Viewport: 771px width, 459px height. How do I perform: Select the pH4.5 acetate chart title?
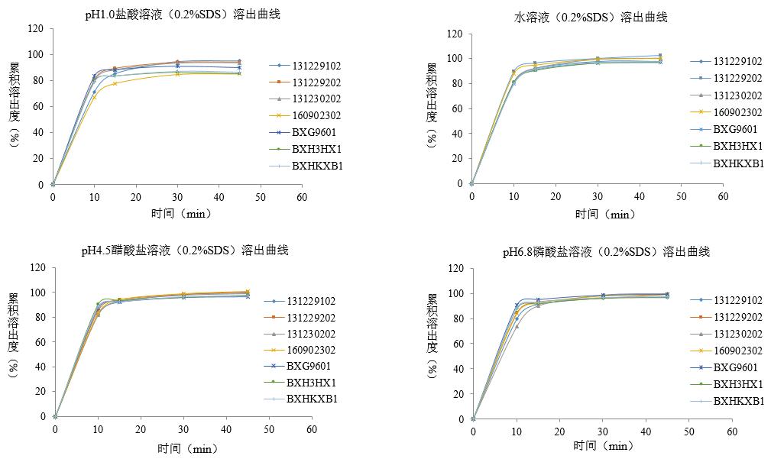185,251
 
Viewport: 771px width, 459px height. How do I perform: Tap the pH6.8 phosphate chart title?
606,252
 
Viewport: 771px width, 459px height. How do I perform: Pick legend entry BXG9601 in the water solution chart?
737,129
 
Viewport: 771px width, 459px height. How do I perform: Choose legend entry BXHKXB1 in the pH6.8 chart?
739,401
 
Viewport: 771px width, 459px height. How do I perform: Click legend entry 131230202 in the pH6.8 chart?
738,334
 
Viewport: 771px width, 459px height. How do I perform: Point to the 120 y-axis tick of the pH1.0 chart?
35,29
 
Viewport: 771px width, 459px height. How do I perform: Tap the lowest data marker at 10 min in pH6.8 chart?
517,326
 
